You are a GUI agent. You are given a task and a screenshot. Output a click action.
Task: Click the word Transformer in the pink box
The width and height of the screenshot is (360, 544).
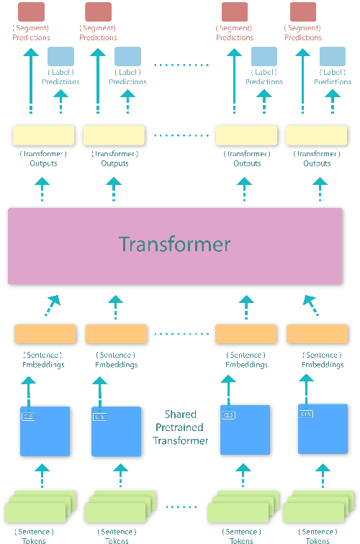[x=175, y=244]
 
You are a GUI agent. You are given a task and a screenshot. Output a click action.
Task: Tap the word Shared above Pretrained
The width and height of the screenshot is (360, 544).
[x=180, y=414]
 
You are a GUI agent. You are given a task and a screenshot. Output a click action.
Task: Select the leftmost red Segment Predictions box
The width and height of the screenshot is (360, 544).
[x=30, y=12]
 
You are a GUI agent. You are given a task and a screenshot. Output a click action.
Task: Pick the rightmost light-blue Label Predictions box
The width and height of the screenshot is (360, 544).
[x=332, y=57]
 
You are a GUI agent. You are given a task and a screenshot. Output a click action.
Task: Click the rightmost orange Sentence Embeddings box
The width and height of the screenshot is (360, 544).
[x=317, y=334]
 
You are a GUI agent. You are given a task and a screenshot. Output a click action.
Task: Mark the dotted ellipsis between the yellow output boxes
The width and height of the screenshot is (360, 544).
[x=180, y=135]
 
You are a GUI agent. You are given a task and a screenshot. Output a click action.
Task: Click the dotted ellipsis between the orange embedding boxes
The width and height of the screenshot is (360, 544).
[x=180, y=334]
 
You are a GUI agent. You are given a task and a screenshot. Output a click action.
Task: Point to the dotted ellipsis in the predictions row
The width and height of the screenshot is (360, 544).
[x=180, y=65]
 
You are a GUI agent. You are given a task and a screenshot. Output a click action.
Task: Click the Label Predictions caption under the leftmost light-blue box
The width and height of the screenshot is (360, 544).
[x=60, y=77]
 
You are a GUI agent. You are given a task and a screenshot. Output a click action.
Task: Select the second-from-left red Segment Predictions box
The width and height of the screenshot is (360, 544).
[x=98, y=12]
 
